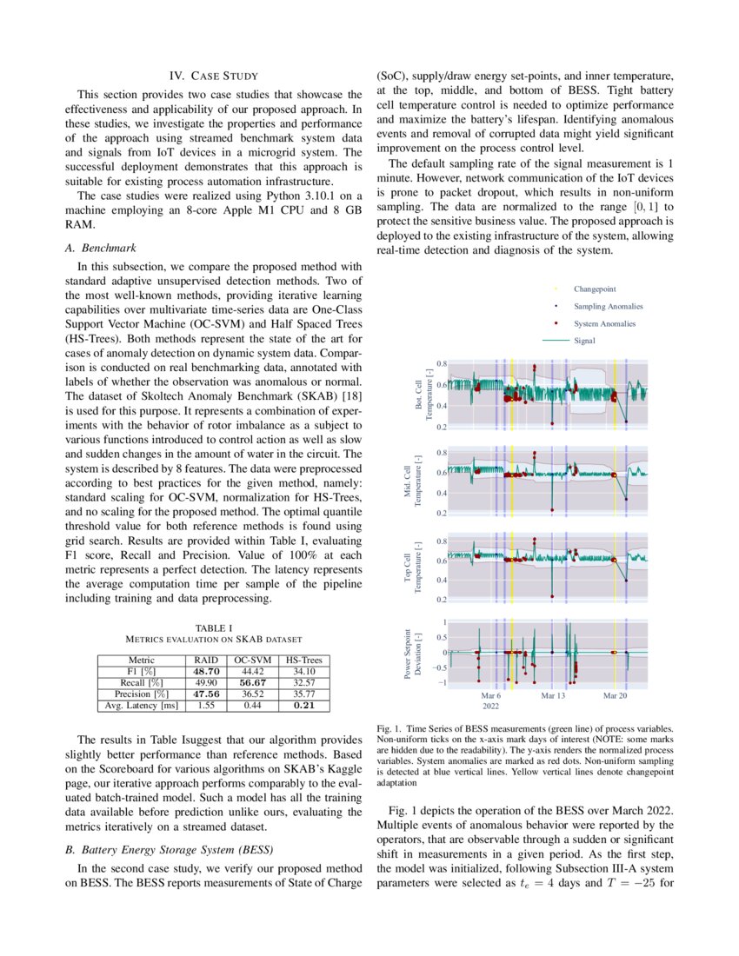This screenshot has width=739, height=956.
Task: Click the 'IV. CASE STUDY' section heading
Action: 214,76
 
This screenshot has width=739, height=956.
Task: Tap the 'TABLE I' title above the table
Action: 214,627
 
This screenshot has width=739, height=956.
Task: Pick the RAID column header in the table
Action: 206,660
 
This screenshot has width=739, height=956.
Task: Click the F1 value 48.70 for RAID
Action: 206,671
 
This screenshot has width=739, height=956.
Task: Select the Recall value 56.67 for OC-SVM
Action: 250,682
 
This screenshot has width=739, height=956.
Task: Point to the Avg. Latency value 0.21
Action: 303,705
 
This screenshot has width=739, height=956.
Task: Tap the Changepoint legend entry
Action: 595,289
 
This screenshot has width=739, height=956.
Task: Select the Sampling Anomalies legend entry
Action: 608,306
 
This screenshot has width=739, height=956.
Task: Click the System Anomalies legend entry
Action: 604,323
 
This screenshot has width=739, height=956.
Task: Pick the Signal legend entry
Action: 584,341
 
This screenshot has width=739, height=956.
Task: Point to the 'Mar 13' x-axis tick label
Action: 554,696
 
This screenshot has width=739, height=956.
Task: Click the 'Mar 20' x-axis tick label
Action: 616,696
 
